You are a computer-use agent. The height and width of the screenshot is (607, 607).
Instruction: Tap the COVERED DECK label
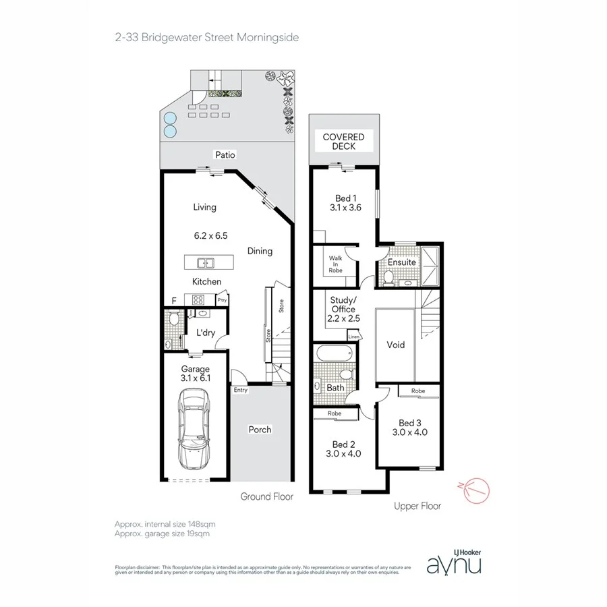343,142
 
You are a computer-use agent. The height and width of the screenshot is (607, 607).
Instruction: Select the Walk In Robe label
335,264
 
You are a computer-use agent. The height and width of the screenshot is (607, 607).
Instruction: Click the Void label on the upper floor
396,345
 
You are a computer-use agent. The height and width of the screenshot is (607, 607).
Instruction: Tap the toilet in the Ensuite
388,277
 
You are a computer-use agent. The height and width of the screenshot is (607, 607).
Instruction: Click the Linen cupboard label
354,335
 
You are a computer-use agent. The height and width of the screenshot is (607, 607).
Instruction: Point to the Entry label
240,390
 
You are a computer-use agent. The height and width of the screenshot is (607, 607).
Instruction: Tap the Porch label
260,430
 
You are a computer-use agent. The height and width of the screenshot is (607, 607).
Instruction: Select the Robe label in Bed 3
418,391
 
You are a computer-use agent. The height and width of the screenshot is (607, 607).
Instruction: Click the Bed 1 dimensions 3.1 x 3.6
343,208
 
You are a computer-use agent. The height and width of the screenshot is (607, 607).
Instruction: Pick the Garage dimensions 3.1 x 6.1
196,379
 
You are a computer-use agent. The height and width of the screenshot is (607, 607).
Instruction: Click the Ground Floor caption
267,496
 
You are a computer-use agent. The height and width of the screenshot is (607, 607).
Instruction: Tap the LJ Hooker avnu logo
454,562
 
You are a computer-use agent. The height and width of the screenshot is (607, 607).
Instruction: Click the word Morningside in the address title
267,38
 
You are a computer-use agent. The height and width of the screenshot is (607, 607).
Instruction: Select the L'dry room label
206,333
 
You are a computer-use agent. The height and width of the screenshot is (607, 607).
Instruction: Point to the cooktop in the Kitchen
199,299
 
